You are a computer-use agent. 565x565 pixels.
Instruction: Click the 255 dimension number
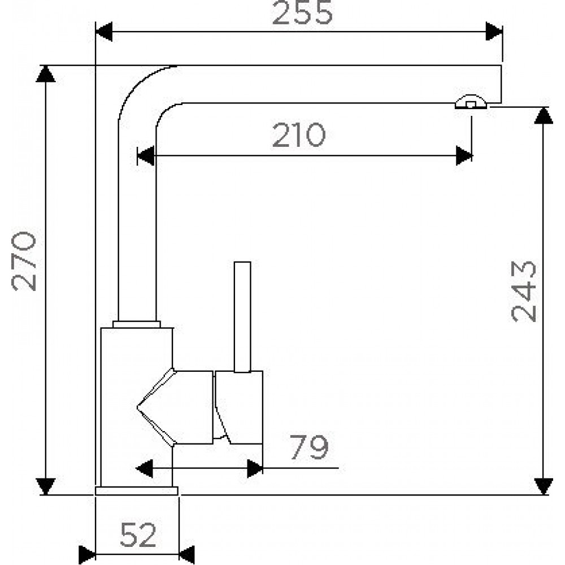[302, 12]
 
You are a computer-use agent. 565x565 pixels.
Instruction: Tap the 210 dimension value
[299, 135]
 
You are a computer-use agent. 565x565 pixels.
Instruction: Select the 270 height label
[24, 261]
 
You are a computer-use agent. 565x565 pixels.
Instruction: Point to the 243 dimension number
[524, 291]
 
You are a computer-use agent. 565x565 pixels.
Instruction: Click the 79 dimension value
[309, 447]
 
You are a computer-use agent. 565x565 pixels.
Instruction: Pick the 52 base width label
[138, 534]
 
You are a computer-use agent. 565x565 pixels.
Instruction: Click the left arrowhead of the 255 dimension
[104, 32]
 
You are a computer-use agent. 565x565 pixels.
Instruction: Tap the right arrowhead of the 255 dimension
[494, 31]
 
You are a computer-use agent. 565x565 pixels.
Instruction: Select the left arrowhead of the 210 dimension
[146, 156]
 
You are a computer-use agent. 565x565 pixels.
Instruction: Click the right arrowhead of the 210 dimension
[464, 156]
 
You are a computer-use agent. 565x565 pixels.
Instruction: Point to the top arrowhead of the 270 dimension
[45, 74]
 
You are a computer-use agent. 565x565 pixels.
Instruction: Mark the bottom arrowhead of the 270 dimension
[45, 486]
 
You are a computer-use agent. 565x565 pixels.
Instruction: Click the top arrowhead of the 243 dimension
[544, 116]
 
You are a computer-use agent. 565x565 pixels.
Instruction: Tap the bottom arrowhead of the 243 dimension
[544, 486]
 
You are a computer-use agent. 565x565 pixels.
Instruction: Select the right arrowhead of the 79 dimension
[255, 468]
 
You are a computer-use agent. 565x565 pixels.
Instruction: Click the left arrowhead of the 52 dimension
[87, 555]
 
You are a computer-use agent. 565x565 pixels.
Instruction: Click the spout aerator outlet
[471, 102]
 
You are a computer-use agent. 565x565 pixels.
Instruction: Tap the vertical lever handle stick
[242, 317]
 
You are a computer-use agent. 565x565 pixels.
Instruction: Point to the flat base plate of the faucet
[137, 491]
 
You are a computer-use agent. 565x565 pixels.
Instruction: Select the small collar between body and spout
[137, 324]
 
